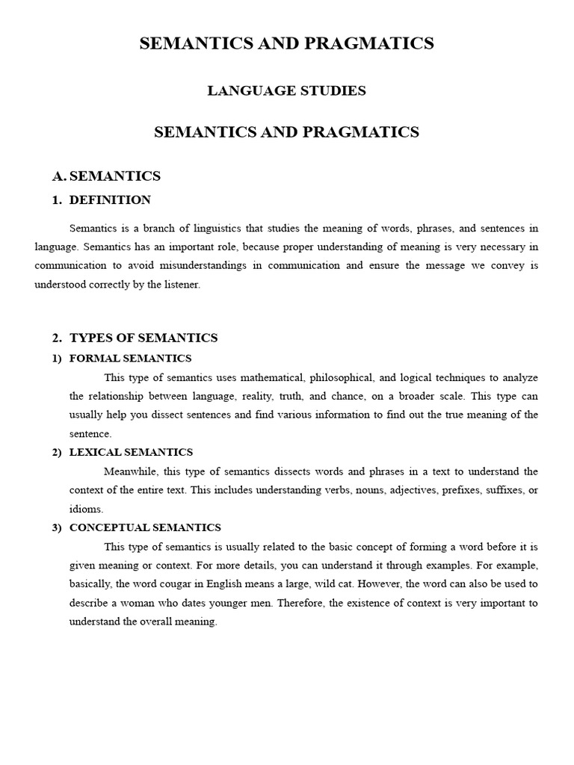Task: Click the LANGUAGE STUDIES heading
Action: point(286,91)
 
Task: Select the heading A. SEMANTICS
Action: point(106,176)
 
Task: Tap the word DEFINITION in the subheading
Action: point(110,200)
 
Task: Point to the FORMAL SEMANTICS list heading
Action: point(131,358)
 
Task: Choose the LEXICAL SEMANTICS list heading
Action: point(131,452)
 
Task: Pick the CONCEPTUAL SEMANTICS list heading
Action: point(145,527)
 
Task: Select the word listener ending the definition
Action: point(183,285)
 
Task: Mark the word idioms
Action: point(85,509)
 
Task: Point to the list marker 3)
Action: point(57,527)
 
